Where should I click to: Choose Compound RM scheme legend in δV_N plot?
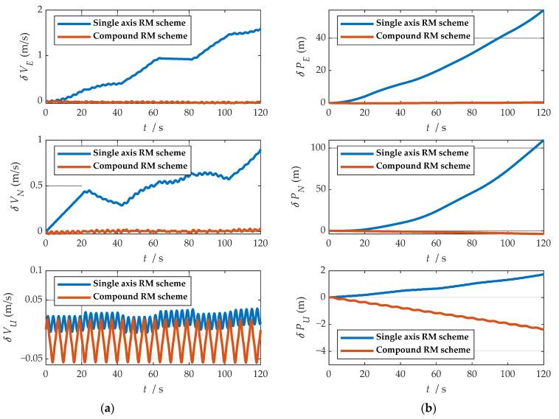point(129,166)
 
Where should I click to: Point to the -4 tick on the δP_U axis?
point(323,351)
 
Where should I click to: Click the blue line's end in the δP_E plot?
point(543,10)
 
